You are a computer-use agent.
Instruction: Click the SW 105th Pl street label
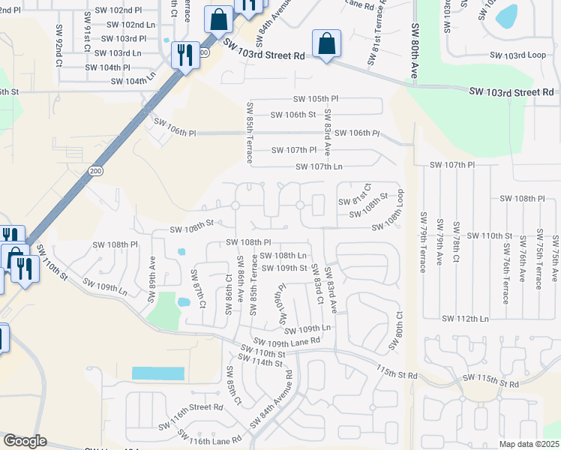316,99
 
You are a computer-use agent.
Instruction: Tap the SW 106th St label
290,115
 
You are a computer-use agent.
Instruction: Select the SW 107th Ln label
319,166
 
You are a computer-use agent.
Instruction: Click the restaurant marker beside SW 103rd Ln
184,55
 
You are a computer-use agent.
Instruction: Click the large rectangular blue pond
157,373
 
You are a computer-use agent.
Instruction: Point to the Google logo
25,441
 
